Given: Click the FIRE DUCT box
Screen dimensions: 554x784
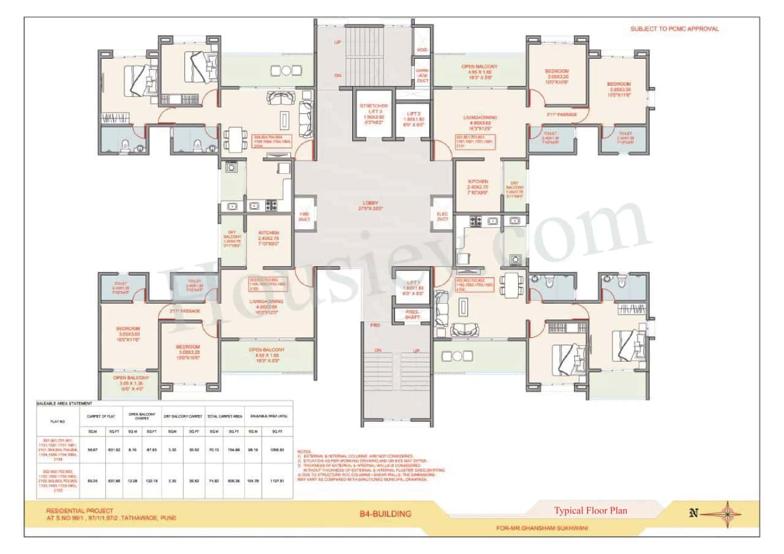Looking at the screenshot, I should [304, 215].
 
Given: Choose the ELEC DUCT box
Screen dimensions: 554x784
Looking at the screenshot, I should [441, 215].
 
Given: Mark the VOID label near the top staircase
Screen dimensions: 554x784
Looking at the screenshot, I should [422, 50].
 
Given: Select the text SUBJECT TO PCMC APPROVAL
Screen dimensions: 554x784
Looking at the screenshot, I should [674, 29].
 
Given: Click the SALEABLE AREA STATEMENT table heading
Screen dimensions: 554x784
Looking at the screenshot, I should [64, 403].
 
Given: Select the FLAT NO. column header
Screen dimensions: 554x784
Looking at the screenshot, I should [58, 421].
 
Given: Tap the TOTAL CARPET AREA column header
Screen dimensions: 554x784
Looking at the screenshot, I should [224, 416].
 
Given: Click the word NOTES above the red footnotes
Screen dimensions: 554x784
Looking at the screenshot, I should [304, 451].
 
